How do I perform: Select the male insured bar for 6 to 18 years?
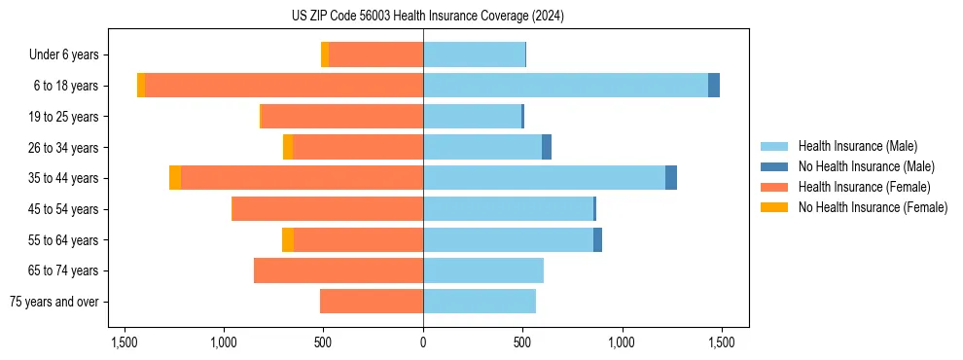tap(565, 86)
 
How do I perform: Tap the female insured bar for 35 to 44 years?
tap(302, 178)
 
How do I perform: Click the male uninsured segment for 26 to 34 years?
tap(547, 147)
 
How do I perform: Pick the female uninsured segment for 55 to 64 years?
tap(288, 239)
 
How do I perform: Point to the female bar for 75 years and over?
tap(372, 302)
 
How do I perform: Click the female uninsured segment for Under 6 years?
tap(325, 54)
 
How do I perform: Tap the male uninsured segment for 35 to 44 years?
tap(671, 178)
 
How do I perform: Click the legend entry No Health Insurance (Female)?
tap(873, 207)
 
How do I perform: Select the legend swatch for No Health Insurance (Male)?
tap(774, 166)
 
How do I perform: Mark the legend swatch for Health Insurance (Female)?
tap(774, 187)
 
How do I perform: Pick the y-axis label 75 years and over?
tap(54, 302)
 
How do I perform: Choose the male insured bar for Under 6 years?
tap(474, 54)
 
